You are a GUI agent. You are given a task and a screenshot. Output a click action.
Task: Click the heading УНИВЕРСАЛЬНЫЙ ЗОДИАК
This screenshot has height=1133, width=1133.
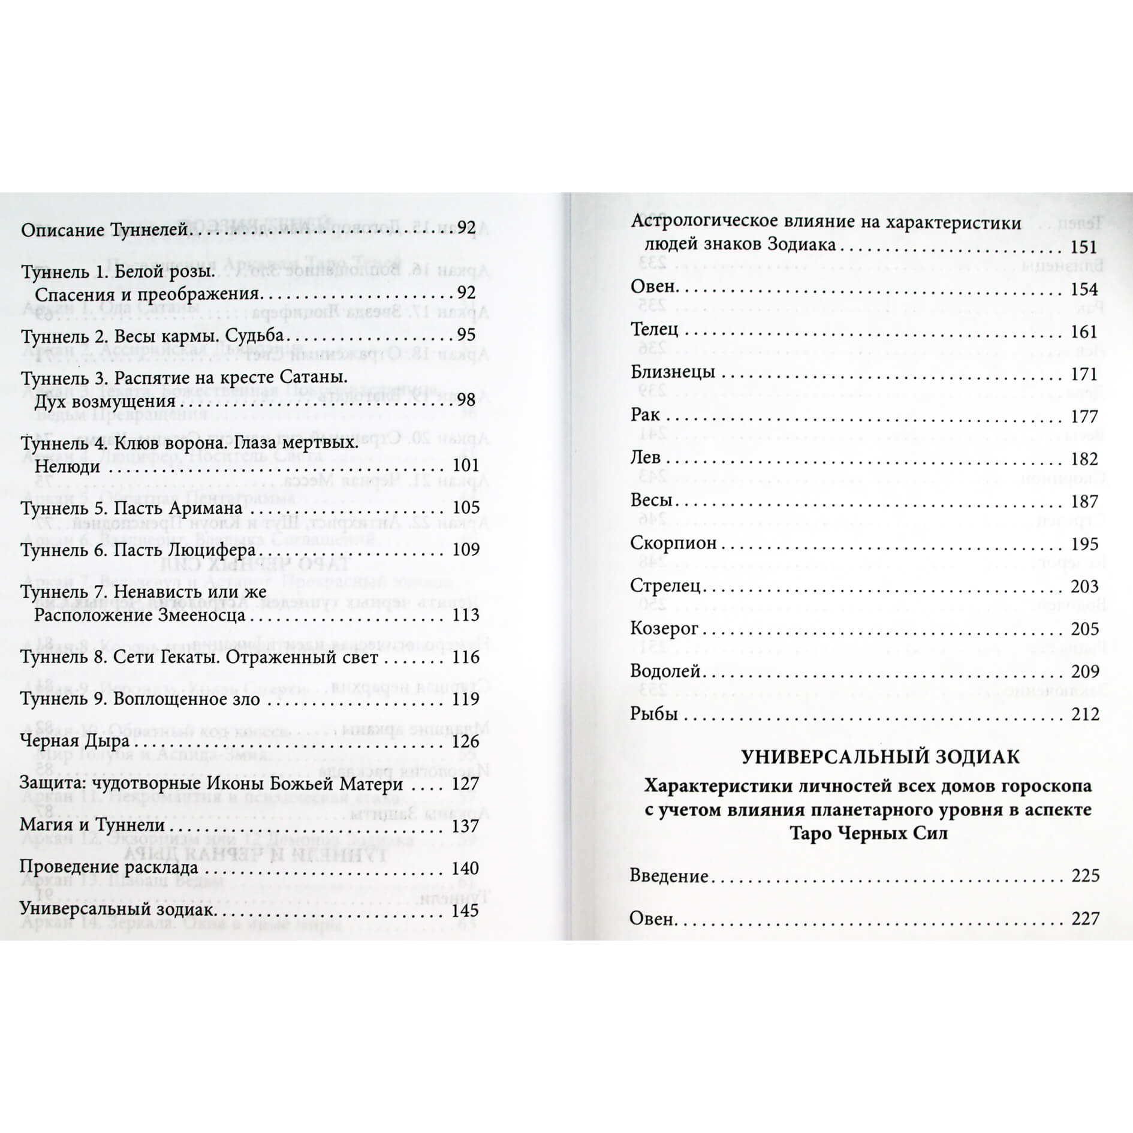(880, 757)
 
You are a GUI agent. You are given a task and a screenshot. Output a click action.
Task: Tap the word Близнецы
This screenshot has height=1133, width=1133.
(673, 372)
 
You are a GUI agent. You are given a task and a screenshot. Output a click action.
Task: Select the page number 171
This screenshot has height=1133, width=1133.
(1084, 375)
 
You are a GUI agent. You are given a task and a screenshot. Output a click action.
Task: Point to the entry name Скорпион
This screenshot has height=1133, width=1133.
(673, 543)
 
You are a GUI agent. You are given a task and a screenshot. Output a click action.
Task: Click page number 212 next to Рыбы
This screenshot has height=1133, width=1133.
(1084, 714)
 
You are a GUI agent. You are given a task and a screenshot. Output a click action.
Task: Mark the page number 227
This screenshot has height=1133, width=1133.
(1084, 918)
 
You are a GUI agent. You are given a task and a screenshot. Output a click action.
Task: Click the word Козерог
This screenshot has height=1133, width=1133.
(665, 628)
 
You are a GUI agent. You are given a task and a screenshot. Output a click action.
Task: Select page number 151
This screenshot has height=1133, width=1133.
(1084, 247)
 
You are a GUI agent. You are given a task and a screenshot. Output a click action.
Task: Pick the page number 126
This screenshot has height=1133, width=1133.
(466, 742)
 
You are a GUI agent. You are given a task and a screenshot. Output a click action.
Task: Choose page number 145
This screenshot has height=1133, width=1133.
(466, 911)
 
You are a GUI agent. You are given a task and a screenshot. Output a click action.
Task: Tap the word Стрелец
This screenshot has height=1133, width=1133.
(665, 586)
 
